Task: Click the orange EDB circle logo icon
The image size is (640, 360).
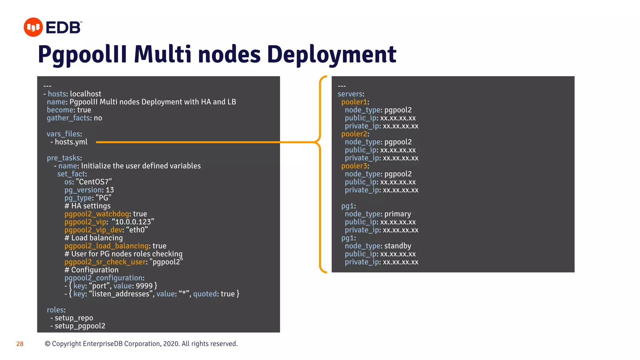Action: point(33,27)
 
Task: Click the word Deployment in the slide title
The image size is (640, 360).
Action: point(332,55)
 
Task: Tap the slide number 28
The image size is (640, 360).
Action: point(20,344)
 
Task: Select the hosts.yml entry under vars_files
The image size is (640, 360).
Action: point(71,142)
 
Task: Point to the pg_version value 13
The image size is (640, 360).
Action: point(110,190)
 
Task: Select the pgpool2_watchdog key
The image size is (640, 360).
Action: point(97,214)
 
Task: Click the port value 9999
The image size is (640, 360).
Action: point(144,286)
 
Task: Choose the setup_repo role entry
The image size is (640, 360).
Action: point(74,318)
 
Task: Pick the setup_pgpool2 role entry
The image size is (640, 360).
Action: point(80,326)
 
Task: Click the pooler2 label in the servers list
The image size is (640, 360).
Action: point(354,134)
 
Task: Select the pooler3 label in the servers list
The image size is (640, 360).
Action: point(354,166)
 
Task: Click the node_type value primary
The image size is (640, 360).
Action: point(397,214)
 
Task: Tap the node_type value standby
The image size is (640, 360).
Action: point(397,246)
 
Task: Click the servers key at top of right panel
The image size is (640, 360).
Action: point(350,94)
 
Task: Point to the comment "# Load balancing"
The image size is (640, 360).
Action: point(93,238)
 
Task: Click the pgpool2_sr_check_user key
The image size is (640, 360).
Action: point(105,262)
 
